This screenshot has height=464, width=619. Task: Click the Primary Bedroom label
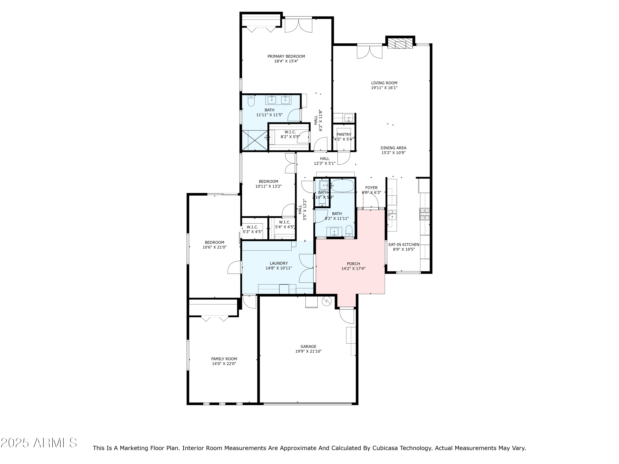(286, 57)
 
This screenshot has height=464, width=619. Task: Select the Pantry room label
(344, 134)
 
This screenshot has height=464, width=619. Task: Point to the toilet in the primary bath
(251, 101)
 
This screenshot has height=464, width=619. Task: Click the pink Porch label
(353, 264)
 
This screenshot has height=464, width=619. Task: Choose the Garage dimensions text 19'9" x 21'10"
(308, 351)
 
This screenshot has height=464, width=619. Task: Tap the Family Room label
(224, 359)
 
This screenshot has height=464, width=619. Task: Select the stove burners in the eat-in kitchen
(424, 214)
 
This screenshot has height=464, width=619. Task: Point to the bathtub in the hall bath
(342, 186)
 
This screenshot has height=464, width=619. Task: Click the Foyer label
(371, 188)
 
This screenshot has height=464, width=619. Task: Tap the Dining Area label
(393, 148)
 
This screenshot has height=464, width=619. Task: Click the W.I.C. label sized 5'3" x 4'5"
(252, 227)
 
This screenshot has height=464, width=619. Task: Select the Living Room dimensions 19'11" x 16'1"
(384, 88)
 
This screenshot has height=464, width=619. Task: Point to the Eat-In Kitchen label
(404, 244)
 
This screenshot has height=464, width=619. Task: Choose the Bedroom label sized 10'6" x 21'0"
(214, 243)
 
